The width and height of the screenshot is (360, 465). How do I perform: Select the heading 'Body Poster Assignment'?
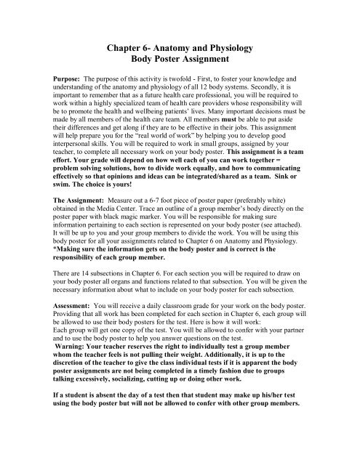click(180, 57)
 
